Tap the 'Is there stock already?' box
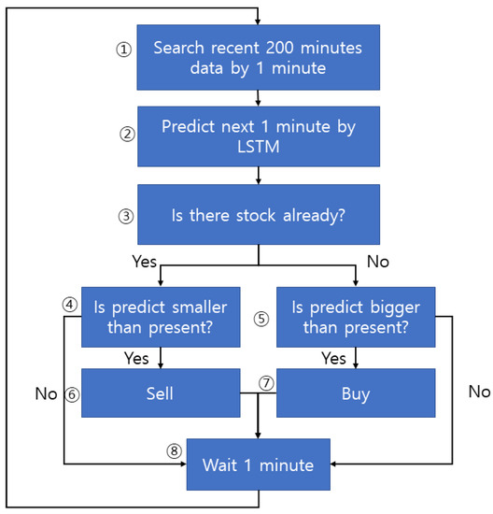pyautogui.click(x=257, y=214)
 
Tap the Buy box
pyautogui.click(x=357, y=394)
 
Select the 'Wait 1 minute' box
pyautogui.click(x=257, y=463)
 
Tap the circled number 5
pyautogui.click(x=261, y=317)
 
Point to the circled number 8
pyautogui.click(x=173, y=450)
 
